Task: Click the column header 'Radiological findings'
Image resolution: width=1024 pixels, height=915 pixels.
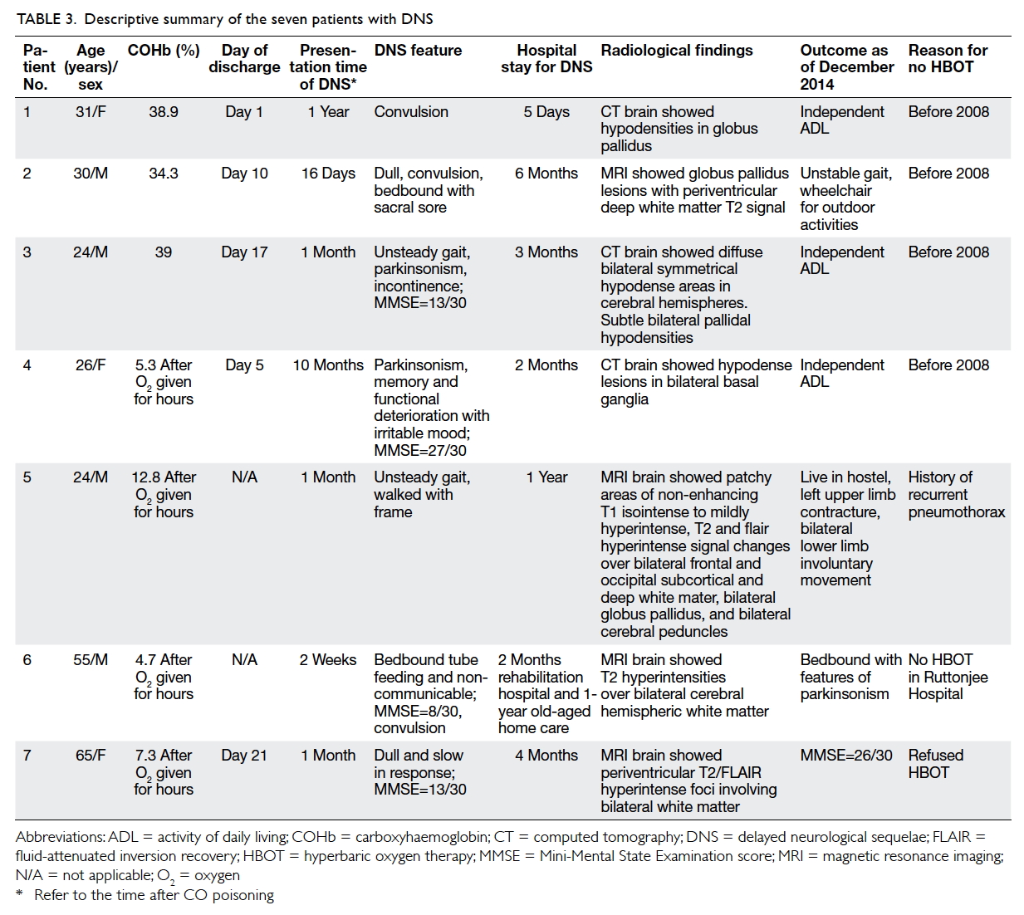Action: click(x=676, y=51)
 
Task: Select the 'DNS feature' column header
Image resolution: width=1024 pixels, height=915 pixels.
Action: click(x=418, y=51)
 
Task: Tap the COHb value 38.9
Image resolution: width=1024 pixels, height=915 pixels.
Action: click(x=164, y=111)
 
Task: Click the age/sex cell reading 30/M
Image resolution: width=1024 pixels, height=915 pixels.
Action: click(x=91, y=174)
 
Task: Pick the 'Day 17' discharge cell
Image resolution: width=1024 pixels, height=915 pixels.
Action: click(x=244, y=252)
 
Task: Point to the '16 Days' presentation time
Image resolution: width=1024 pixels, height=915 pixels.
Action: click(x=328, y=174)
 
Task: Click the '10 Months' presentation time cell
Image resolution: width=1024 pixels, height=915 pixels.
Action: click(x=328, y=365)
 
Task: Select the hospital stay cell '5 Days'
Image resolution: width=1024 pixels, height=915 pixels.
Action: click(x=546, y=111)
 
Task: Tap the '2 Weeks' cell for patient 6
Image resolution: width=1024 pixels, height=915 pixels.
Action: click(x=328, y=660)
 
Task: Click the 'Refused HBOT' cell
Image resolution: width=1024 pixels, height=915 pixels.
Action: click(x=935, y=763)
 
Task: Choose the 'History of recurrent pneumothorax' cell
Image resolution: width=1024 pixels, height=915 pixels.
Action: click(x=956, y=494)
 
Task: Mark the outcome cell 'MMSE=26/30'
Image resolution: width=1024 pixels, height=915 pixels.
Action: click(x=846, y=756)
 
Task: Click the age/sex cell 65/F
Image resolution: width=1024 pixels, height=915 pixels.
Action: click(x=91, y=756)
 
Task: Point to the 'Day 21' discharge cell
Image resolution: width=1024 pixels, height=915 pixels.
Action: click(x=244, y=756)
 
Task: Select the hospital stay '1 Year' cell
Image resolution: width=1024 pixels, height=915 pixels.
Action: click(x=546, y=477)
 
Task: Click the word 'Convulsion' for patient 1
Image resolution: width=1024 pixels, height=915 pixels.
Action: click(x=411, y=111)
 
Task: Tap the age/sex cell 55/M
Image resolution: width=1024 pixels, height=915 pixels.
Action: click(x=91, y=660)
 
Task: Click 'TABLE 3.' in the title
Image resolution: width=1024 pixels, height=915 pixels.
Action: click(x=46, y=19)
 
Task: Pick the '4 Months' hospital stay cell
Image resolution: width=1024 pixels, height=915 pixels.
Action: click(x=546, y=756)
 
